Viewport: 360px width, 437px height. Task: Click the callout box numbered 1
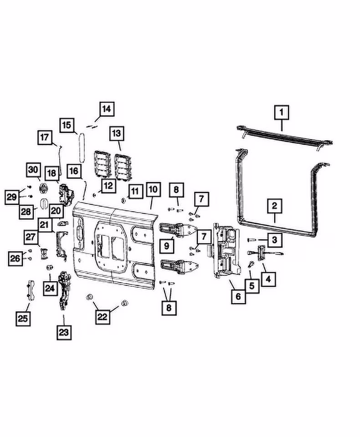[281, 111]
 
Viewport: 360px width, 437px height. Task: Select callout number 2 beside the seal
[274, 206]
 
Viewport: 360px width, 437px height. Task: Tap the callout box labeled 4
[268, 279]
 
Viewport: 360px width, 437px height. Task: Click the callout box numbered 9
[167, 245]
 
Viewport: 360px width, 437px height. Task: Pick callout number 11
[134, 191]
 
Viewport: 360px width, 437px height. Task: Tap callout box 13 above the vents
[117, 133]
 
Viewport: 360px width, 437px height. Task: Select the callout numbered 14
[106, 109]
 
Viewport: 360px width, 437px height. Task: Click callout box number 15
[66, 125]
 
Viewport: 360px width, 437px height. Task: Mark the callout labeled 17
[45, 137]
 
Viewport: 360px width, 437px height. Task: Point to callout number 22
[102, 317]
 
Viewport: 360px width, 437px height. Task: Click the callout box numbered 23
[63, 333]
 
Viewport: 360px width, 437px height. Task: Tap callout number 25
[23, 319]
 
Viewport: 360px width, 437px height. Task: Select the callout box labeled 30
[33, 170]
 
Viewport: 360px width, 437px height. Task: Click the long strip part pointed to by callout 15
[82, 147]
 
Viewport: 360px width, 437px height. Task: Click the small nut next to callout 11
[123, 200]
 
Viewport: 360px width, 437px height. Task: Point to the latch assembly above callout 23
[64, 289]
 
